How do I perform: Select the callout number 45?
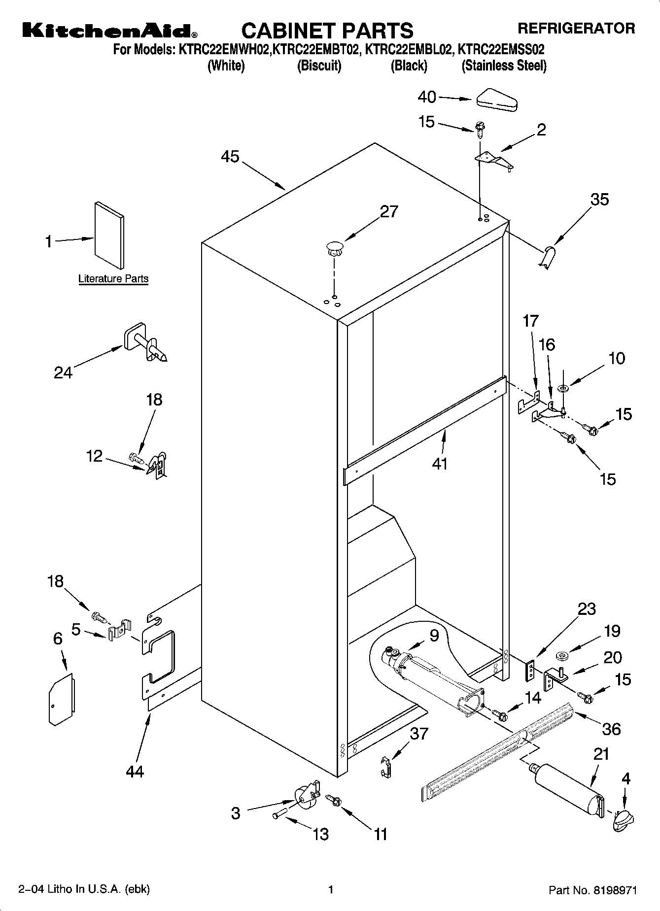[230, 157]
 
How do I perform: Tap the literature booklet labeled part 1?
[109, 236]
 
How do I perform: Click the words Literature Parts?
[113, 279]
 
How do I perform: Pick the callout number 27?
[389, 211]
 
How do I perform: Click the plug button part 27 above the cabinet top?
[335, 247]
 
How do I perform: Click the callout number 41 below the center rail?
[440, 463]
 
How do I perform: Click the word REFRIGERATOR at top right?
[576, 28]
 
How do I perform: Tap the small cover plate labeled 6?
[62, 700]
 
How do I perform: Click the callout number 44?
[135, 771]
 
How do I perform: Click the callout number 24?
[63, 372]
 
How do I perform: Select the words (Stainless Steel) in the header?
[504, 66]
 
